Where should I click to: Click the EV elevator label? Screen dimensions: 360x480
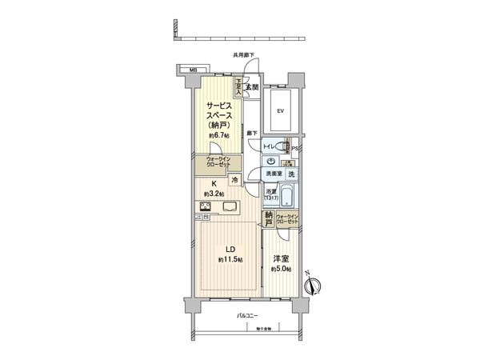[280, 111]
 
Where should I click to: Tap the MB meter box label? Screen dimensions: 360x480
[192, 70]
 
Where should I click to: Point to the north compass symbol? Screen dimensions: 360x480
[314, 283]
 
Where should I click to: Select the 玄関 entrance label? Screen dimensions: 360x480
[250, 86]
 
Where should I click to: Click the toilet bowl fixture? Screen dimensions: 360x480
[282, 146]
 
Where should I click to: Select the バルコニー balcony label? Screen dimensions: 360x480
[246, 317]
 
